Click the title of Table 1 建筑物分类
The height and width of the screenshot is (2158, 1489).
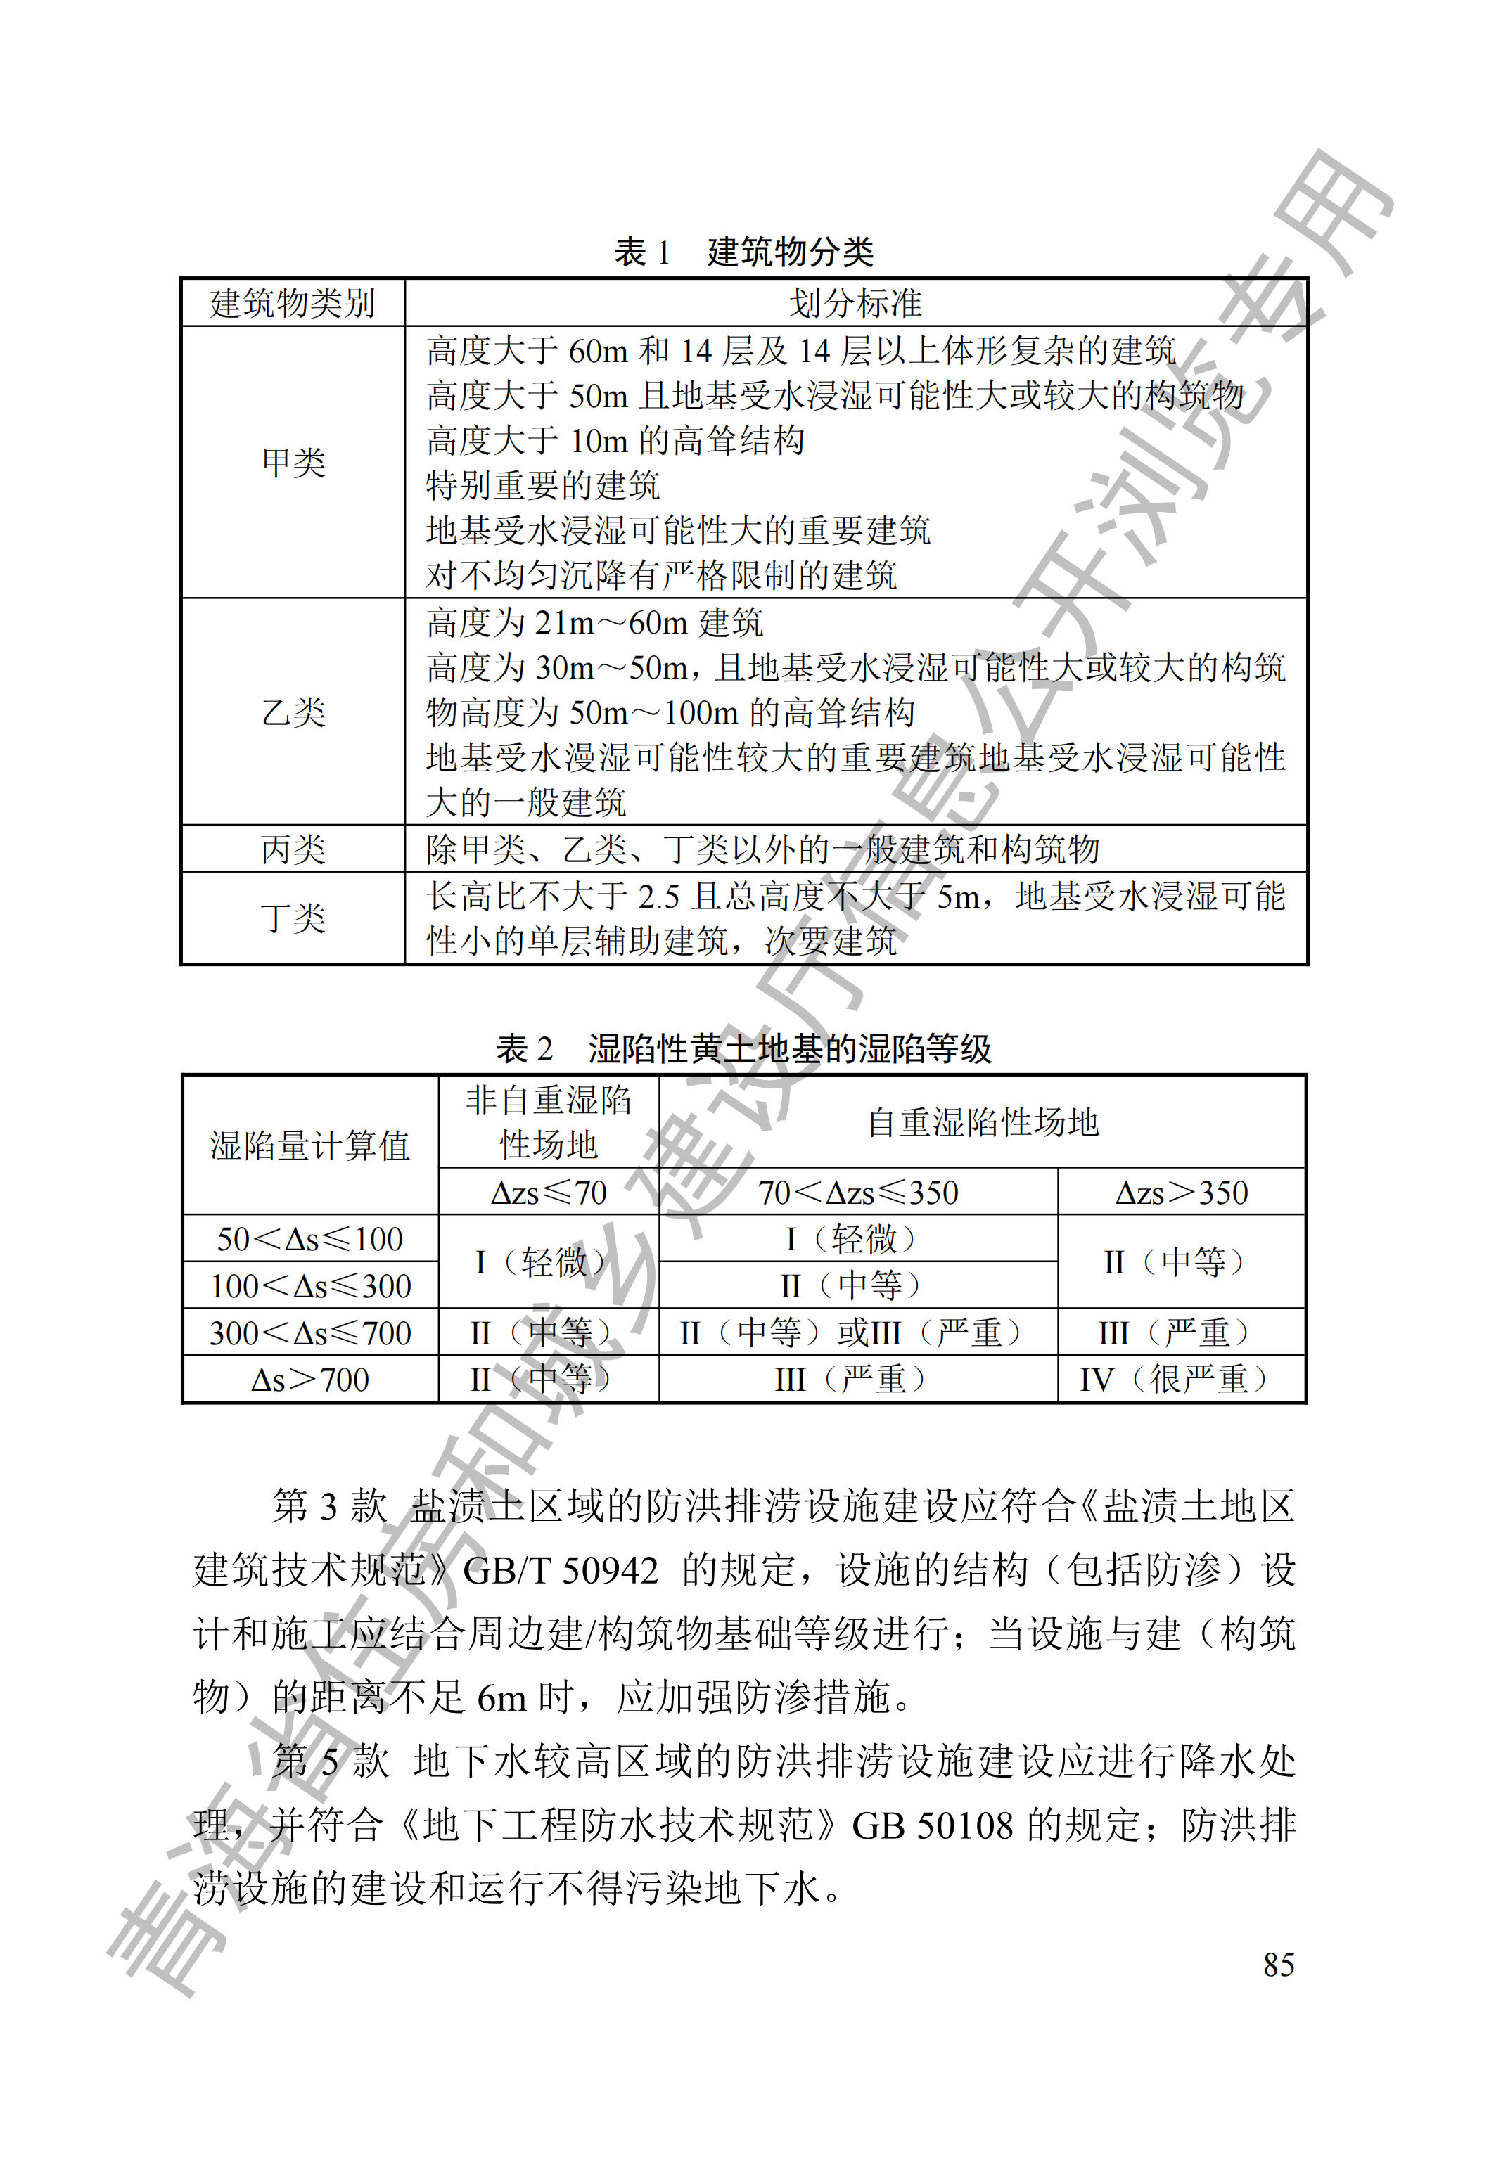(x=743, y=252)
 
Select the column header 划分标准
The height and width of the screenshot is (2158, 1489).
(x=855, y=303)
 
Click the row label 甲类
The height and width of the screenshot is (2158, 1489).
(x=293, y=463)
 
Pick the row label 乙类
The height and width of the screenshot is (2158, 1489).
(x=293, y=712)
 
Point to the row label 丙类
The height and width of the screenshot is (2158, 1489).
(x=293, y=849)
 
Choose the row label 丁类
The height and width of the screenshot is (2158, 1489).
(x=293, y=918)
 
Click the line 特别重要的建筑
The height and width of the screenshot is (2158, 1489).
(x=543, y=486)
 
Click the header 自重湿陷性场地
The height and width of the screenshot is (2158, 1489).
(x=983, y=1123)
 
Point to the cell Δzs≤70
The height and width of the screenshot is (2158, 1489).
(x=549, y=1193)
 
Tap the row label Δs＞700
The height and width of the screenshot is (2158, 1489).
(x=309, y=1380)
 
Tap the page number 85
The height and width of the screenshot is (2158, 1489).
(x=1278, y=1965)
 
